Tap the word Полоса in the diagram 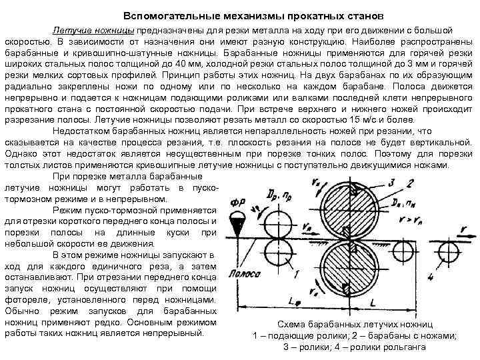(x=241, y=275)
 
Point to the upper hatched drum (x=347, y=204)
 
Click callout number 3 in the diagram (x=393, y=181)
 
